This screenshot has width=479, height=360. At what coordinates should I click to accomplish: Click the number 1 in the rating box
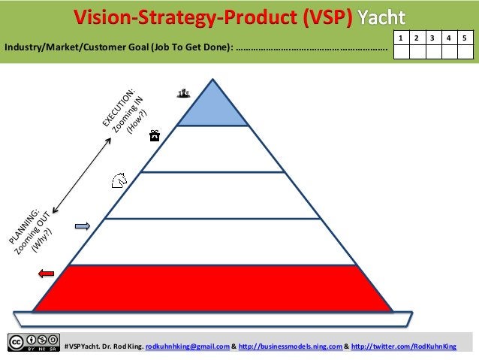(402, 37)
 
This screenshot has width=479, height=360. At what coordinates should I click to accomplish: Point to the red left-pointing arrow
(46, 274)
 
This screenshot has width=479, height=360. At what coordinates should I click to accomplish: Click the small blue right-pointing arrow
(83, 225)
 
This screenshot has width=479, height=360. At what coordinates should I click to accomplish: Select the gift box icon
(154, 135)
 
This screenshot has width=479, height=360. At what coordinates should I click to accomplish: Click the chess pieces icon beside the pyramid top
(182, 93)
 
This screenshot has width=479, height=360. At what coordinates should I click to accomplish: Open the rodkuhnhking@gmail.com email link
(187, 346)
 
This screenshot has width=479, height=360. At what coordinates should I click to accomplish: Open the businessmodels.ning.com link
(290, 346)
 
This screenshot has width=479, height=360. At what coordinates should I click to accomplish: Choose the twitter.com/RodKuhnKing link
(403, 346)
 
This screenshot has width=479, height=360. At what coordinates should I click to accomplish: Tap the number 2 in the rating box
(418, 37)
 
